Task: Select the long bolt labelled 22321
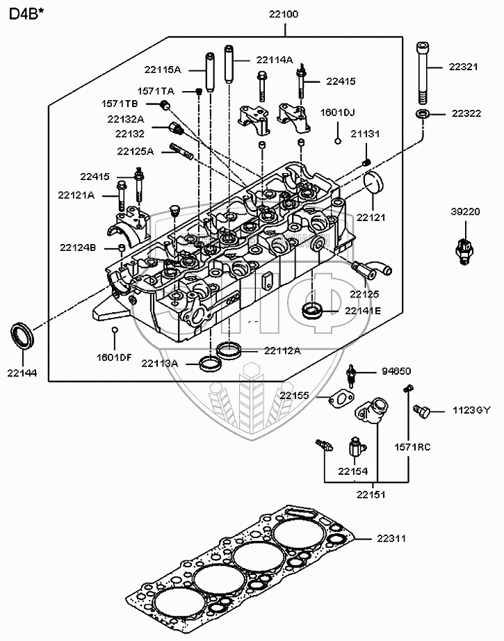pos(423,70)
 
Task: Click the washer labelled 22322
pos(423,113)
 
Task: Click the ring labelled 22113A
pos(207,362)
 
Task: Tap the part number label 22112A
pos(282,350)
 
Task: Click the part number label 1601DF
pos(114,357)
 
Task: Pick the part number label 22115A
pos(163,70)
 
